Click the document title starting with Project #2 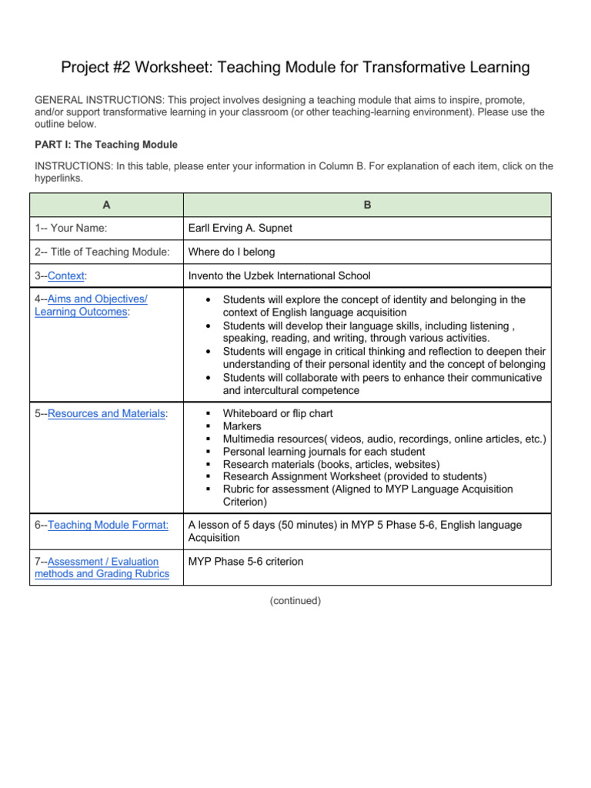[x=295, y=68]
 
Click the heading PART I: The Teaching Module [x=106, y=144]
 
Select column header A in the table [x=106, y=205]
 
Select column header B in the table [x=367, y=205]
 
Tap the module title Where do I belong [x=232, y=252]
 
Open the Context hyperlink [x=66, y=275]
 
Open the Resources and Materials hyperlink [x=106, y=413]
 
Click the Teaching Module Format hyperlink [x=107, y=525]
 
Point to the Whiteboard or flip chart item [x=277, y=413]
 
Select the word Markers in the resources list [x=242, y=426]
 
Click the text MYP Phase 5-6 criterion [x=246, y=562]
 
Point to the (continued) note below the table [x=295, y=601]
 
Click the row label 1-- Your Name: [x=71, y=229]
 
